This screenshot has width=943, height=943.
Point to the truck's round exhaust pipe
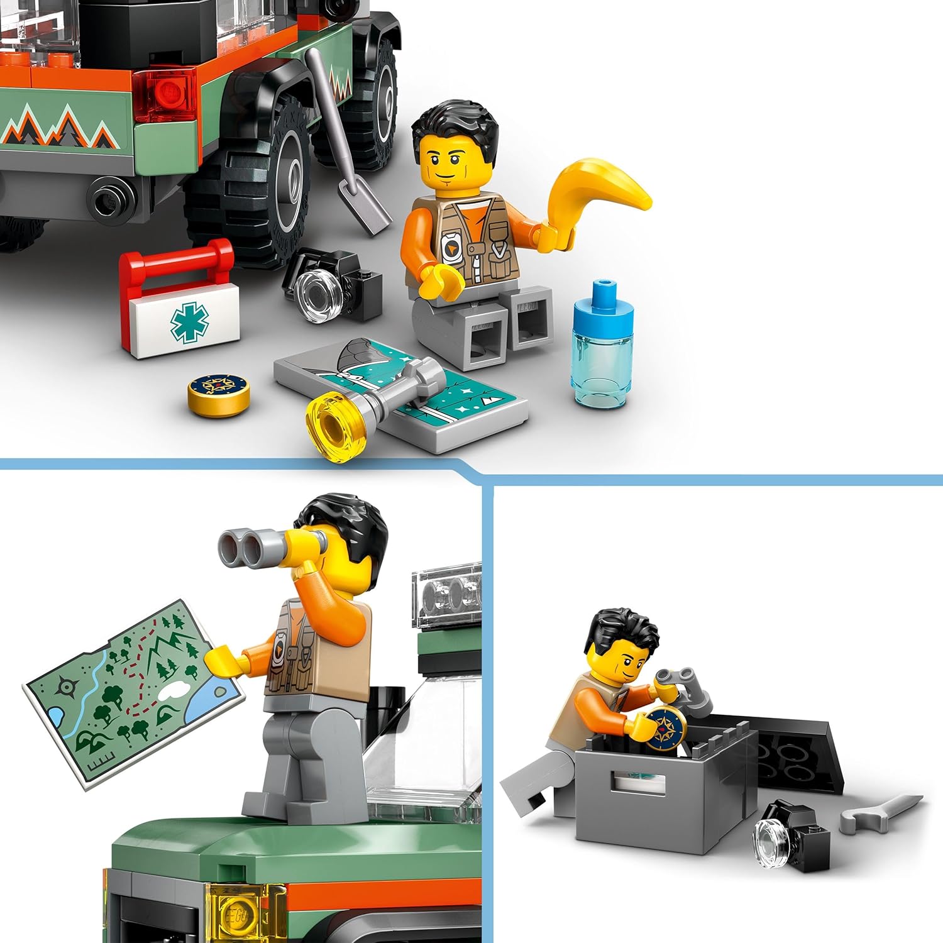(111, 196)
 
